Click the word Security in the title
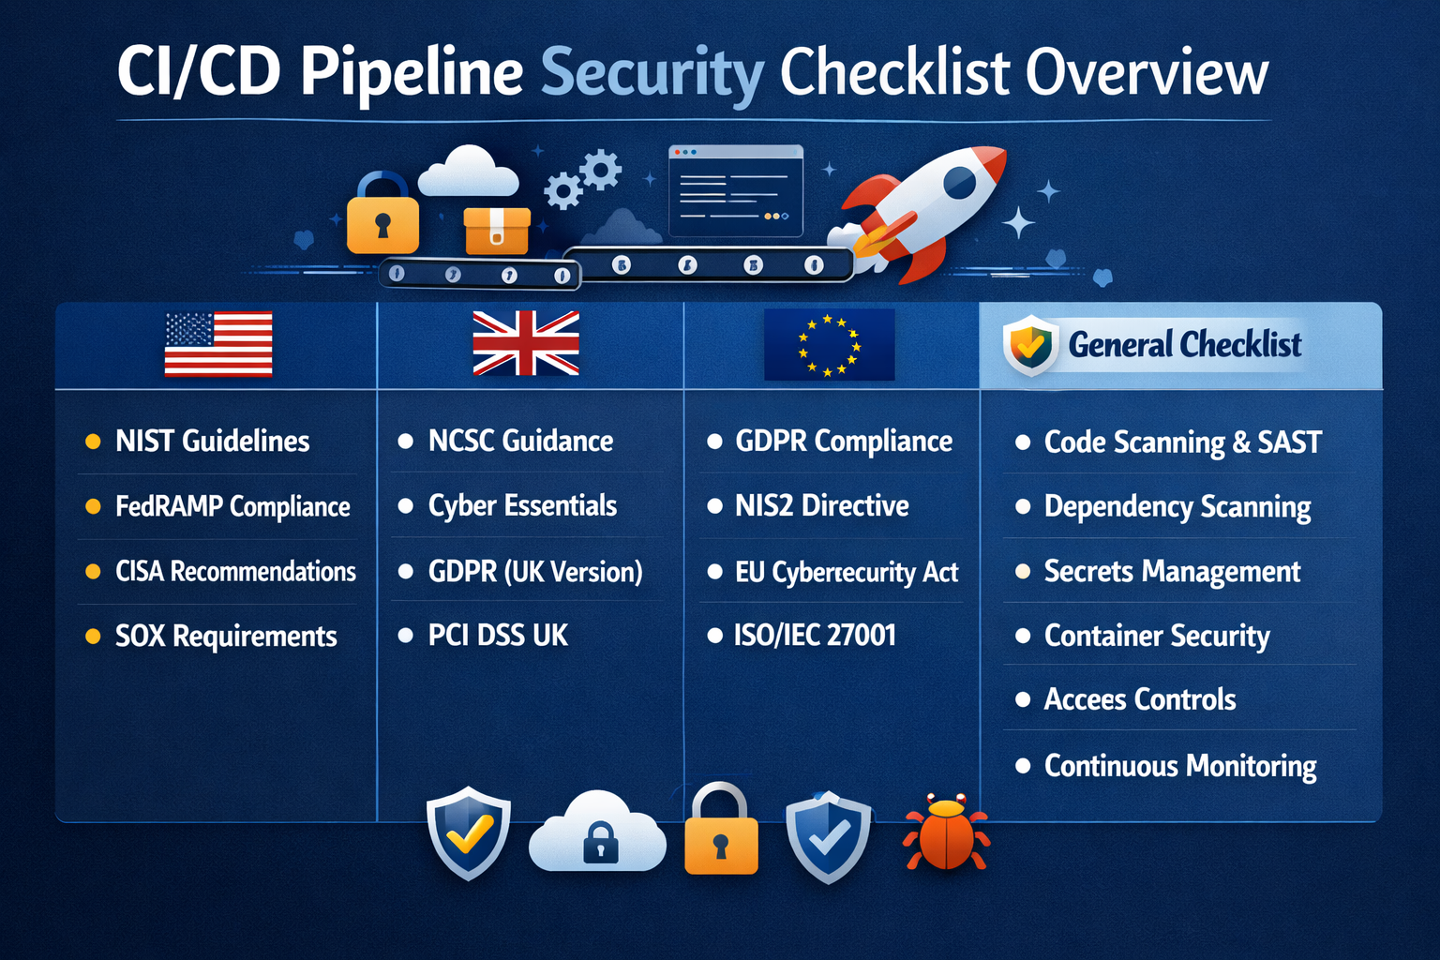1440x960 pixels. click(x=652, y=73)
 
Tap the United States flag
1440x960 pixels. click(x=218, y=344)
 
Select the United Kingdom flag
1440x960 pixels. click(x=526, y=343)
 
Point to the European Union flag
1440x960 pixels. click(x=829, y=344)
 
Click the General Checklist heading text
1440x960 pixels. click(x=1184, y=345)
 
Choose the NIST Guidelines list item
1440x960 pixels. click(x=212, y=441)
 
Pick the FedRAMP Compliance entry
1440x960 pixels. click(x=232, y=506)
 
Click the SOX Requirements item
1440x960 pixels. click(x=225, y=637)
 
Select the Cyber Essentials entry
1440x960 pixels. click(x=522, y=506)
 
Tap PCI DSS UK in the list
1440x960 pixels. click(x=498, y=636)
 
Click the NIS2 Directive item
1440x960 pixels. click(x=821, y=506)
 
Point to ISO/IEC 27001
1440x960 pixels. click(x=815, y=636)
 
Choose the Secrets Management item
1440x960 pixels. click(x=1172, y=571)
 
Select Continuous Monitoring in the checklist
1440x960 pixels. click(x=1180, y=766)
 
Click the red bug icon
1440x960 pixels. click(x=946, y=833)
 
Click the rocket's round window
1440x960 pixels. click(x=959, y=182)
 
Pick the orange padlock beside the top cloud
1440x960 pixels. click(x=382, y=217)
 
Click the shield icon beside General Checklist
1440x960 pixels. click(x=1030, y=345)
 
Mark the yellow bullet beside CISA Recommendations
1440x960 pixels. click(x=93, y=571)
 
